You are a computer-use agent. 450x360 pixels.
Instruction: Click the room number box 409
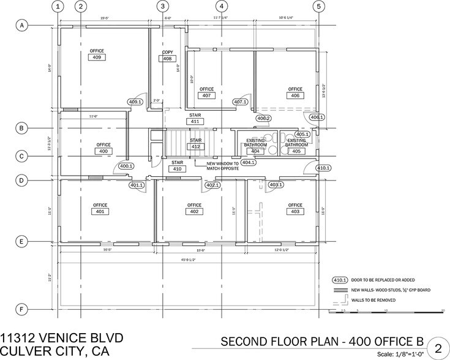pyautogui.click(x=97, y=57)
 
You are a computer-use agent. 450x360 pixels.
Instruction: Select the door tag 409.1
pyautogui.click(x=135, y=102)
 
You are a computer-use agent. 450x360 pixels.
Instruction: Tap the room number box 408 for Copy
pyautogui.click(x=167, y=59)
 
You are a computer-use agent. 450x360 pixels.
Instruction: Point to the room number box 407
pyautogui.click(x=206, y=96)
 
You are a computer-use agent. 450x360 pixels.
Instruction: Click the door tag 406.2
pyautogui.click(x=264, y=118)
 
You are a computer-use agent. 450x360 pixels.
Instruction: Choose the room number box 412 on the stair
pyautogui.click(x=195, y=147)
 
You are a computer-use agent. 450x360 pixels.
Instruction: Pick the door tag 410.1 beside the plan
pyautogui.click(x=323, y=168)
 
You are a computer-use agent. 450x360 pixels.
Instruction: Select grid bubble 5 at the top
pyautogui.click(x=318, y=7)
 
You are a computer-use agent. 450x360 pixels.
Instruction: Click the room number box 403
pyautogui.click(x=295, y=212)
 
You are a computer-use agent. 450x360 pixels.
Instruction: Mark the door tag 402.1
pyautogui.click(x=212, y=184)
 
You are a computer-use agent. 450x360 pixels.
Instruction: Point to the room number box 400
pyautogui.click(x=103, y=151)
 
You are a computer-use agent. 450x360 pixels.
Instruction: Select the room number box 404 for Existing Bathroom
pyautogui.click(x=255, y=151)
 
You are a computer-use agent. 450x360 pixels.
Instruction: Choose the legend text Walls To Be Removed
pyautogui.click(x=373, y=300)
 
